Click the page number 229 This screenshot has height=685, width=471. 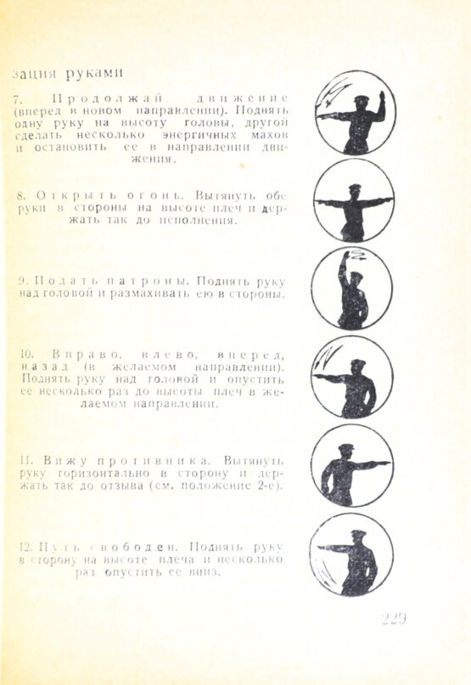(394, 619)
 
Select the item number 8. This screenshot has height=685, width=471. (21, 196)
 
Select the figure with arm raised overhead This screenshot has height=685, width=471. (351, 289)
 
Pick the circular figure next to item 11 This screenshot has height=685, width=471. (351, 465)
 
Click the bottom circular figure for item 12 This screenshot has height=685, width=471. (351, 553)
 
